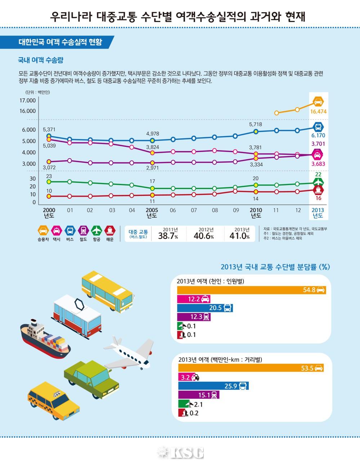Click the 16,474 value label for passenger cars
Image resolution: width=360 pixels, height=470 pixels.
[x=318, y=112]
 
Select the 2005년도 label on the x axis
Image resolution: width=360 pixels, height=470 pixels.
[x=152, y=213]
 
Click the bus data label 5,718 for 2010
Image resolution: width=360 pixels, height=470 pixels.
[x=255, y=124]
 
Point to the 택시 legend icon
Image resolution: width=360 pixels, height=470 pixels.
[x=57, y=230]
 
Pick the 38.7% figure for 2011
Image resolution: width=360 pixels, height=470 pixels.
[x=168, y=236]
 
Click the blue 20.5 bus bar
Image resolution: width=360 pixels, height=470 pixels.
[x=205, y=308]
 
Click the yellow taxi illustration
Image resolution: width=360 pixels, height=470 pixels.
[x=53, y=400]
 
